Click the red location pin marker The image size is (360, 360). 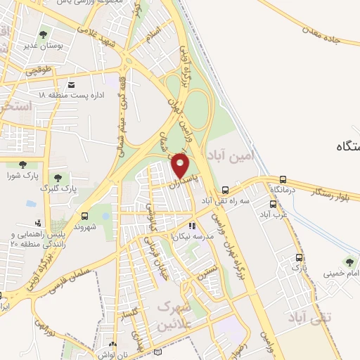[x=181, y=166]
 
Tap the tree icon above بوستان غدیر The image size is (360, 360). [x=44, y=34]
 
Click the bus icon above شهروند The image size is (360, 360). [x=84, y=216]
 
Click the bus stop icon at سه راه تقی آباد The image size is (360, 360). [x=225, y=191]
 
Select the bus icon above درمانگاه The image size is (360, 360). [x=283, y=179]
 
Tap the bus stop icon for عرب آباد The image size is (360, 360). [x=272, y=205]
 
